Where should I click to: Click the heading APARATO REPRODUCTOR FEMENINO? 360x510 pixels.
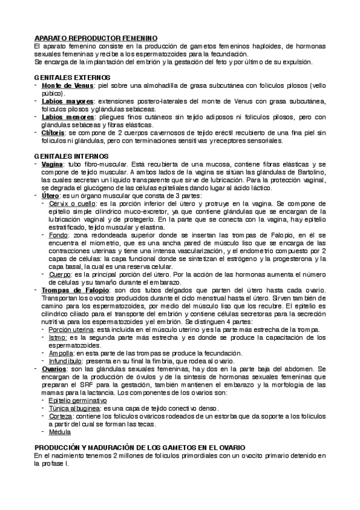point(96,38)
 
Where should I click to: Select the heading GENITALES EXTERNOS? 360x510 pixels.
point(72,78)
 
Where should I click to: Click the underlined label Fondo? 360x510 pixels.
point(59,235)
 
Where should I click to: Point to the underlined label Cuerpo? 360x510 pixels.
point(61,274)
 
